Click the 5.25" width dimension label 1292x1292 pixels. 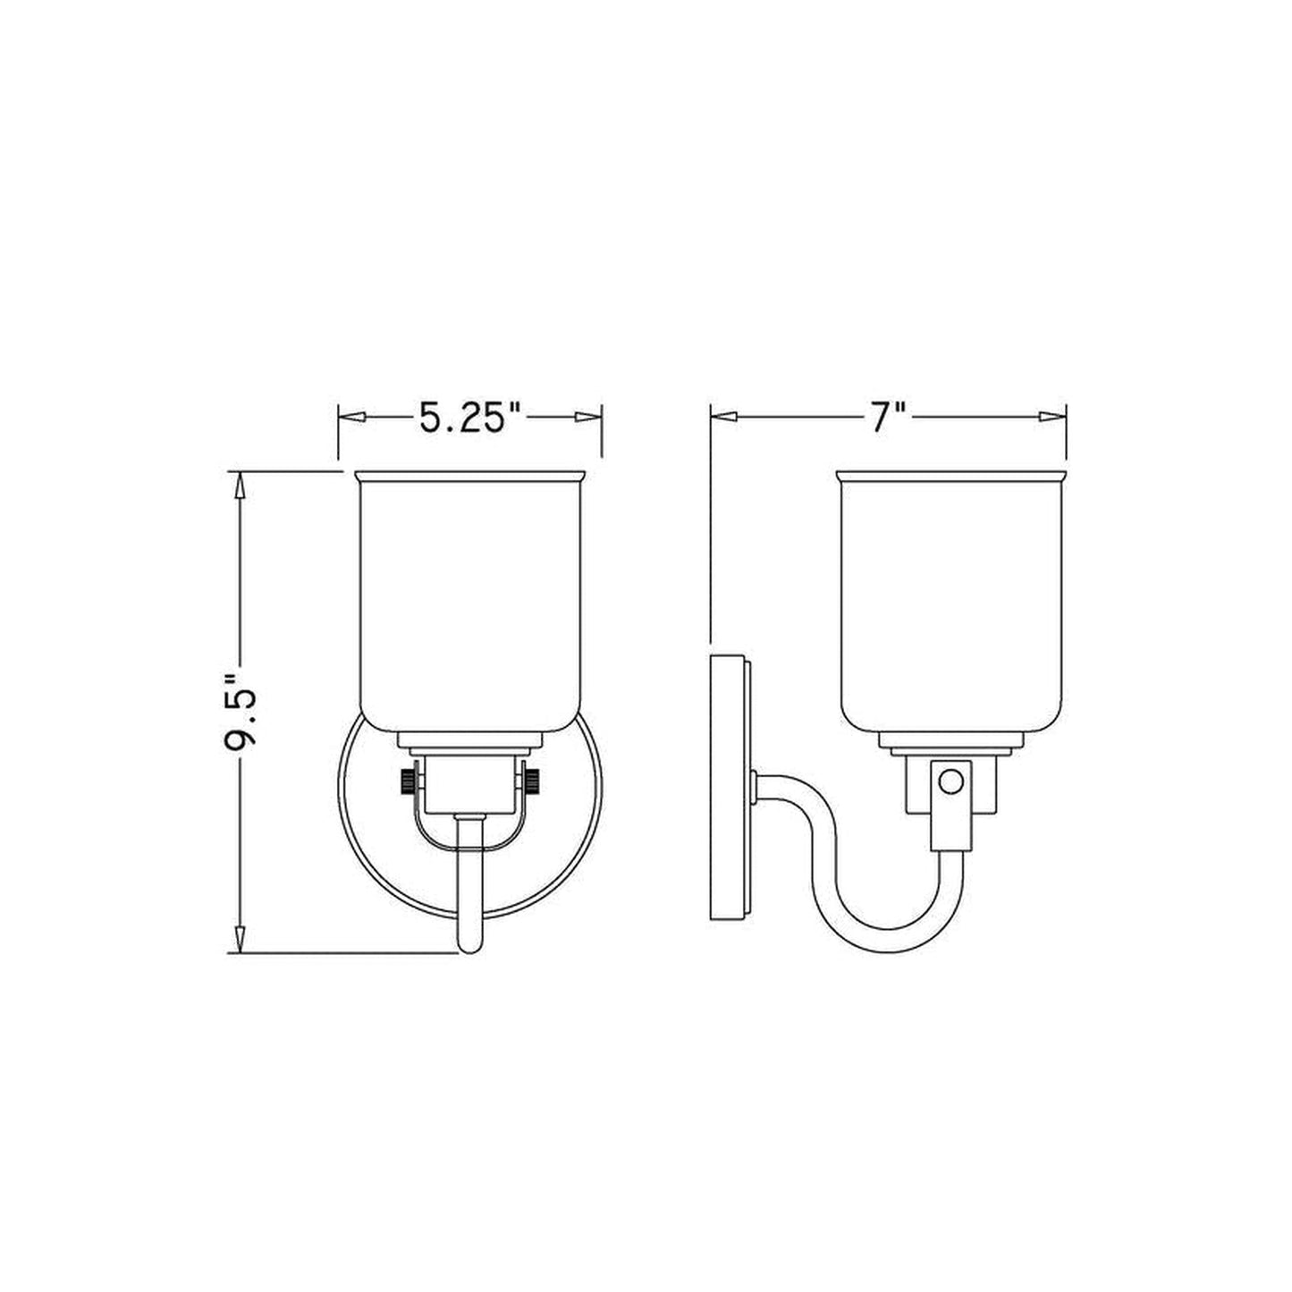[470, 418]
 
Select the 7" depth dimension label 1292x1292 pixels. [888, 418]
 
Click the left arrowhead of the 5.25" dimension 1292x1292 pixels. [352, 417]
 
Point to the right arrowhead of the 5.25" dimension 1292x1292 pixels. [588, 417]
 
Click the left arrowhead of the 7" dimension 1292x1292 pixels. [724, 417]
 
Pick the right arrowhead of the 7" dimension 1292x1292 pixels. [1052, 417]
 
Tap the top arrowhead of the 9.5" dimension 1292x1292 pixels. [241, 486]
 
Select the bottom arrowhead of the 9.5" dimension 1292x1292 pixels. [241, 937]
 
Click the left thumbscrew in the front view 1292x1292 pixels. [408, 781]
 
